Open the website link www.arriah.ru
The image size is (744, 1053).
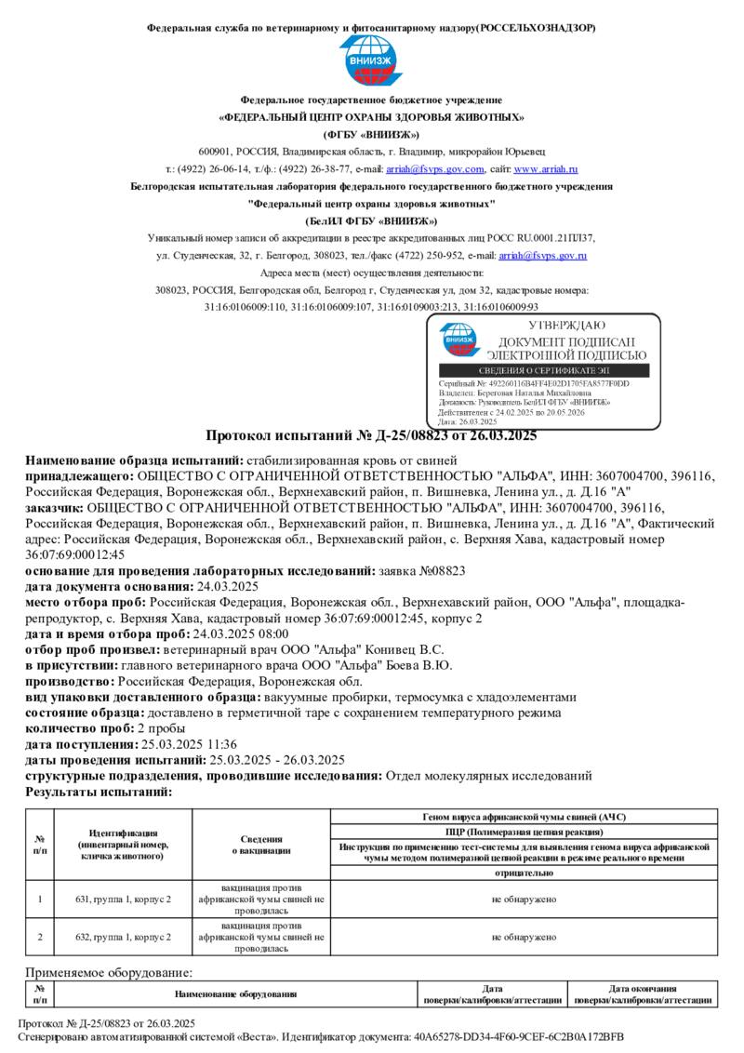tap(546, 169)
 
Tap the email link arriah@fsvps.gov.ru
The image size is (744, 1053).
tap(542, 255)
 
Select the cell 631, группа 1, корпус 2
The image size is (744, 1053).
tap(124, 900)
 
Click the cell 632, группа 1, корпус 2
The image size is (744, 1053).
tap(124, 938)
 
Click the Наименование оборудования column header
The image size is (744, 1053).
tap(235, 994)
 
